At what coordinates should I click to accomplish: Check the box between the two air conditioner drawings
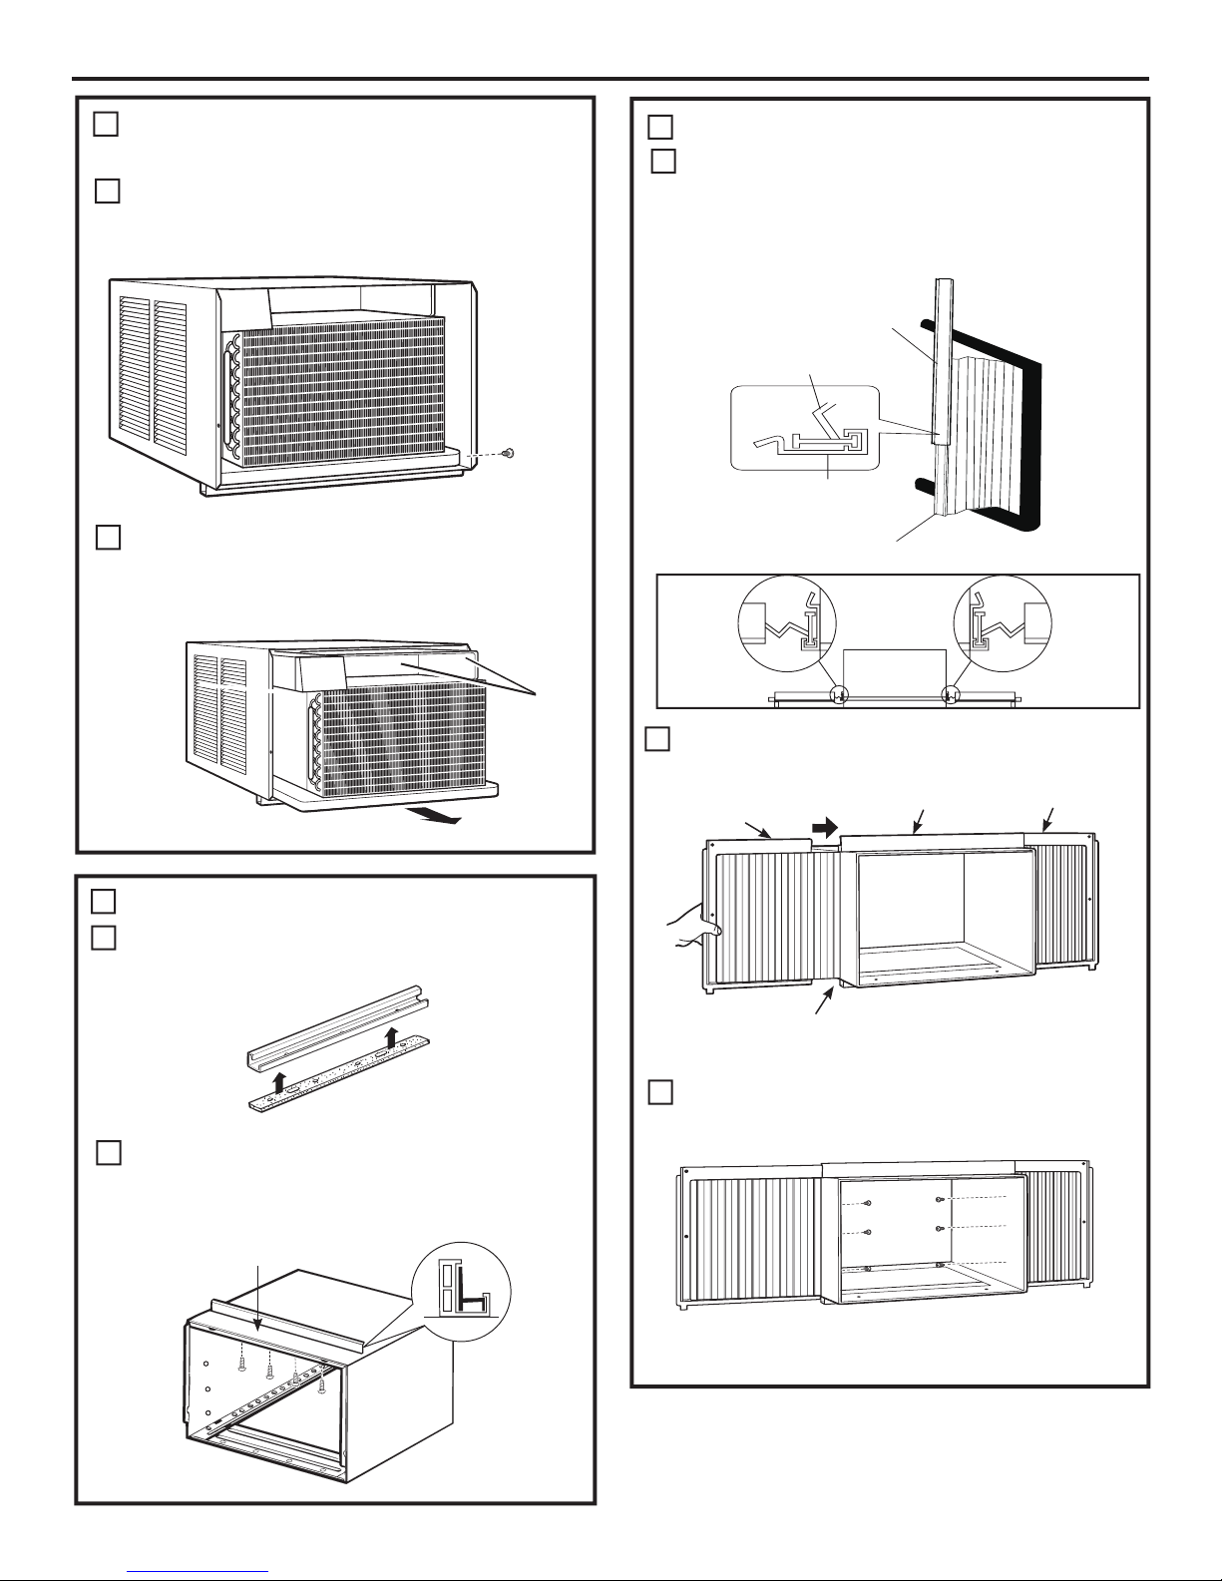[109, 537]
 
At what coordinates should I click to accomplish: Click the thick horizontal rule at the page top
[611, 79]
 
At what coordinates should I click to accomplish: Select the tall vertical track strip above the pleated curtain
[940, 359]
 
